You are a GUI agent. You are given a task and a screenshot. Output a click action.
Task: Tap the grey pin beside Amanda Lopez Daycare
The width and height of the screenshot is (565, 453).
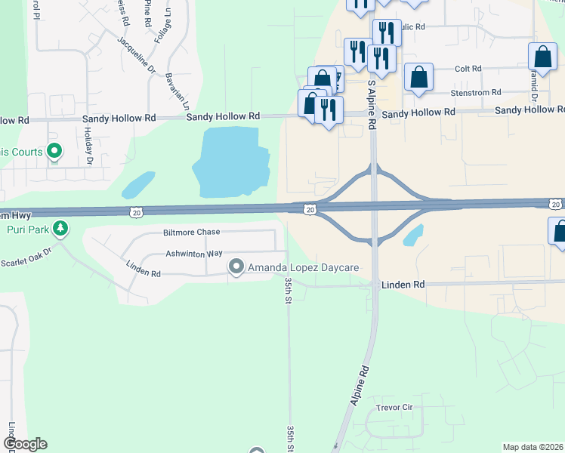click(x=236, y=267)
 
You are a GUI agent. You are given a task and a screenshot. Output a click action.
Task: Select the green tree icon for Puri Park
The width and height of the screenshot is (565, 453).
click(x=61, y=228)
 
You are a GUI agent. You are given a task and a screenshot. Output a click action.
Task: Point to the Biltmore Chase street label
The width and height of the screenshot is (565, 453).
click(x=190, y=232)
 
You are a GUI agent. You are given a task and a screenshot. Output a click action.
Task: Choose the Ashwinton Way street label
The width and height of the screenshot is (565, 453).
click(x=194, y=254)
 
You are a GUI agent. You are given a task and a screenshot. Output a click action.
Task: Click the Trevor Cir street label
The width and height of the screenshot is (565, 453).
click(x=396, y=408)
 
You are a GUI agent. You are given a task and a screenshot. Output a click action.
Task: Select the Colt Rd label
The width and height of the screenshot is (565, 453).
click(x=468, y=69)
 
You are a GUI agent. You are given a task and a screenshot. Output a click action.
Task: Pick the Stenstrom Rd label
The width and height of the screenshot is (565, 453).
click(x=476, y=92)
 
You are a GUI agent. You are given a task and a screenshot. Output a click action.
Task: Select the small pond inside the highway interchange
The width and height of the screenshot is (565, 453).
click(x=412, y=236)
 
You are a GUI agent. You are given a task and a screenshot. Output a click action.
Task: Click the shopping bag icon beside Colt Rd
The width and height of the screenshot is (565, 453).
click(x=418, y=77)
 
